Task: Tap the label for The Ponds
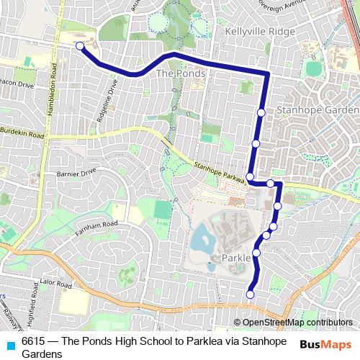point(181,73)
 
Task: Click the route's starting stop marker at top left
point(80,47)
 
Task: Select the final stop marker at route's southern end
point(251,294)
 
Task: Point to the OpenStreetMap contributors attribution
point(297,323)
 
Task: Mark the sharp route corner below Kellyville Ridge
point(267,73)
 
